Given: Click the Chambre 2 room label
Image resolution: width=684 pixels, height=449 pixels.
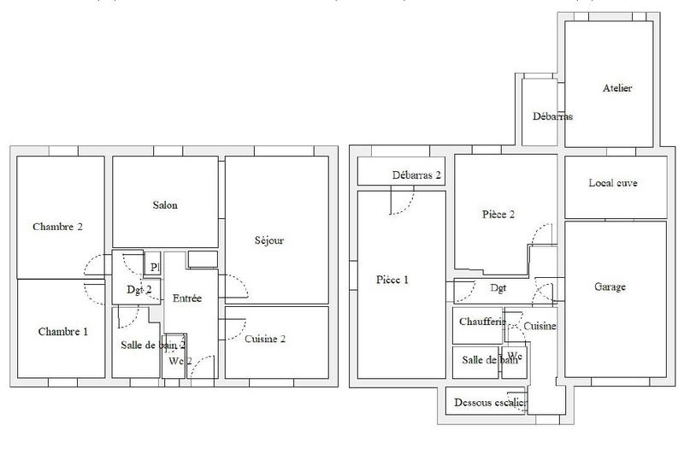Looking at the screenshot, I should coord(57,227).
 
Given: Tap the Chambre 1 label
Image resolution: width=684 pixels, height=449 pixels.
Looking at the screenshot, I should coord(62,331).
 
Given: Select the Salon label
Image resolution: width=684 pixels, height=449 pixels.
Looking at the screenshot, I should coord(166,205).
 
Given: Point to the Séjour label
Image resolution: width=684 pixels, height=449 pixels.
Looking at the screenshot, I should coord(268,241).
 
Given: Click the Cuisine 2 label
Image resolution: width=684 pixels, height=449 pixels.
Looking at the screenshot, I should coord(265,339).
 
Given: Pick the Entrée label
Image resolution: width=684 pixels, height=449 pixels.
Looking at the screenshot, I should coord(187,298).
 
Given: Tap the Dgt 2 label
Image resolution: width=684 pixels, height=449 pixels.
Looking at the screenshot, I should coord(139,291).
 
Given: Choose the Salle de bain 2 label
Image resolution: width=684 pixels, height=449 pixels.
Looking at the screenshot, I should coord(153,344).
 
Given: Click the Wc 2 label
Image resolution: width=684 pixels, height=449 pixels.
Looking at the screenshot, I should coord(177,361).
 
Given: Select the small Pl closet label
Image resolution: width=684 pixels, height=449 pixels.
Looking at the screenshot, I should coord(154,267).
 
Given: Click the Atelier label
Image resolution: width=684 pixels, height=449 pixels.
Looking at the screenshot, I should coord(616,89).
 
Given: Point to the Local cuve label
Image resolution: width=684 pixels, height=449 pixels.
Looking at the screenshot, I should coord(613,183).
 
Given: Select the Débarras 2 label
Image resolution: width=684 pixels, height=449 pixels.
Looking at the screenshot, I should coord(416,175).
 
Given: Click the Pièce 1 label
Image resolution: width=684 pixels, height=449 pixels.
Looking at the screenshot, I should coord(392,280).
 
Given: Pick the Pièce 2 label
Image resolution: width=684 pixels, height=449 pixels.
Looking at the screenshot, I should coord(498,216).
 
